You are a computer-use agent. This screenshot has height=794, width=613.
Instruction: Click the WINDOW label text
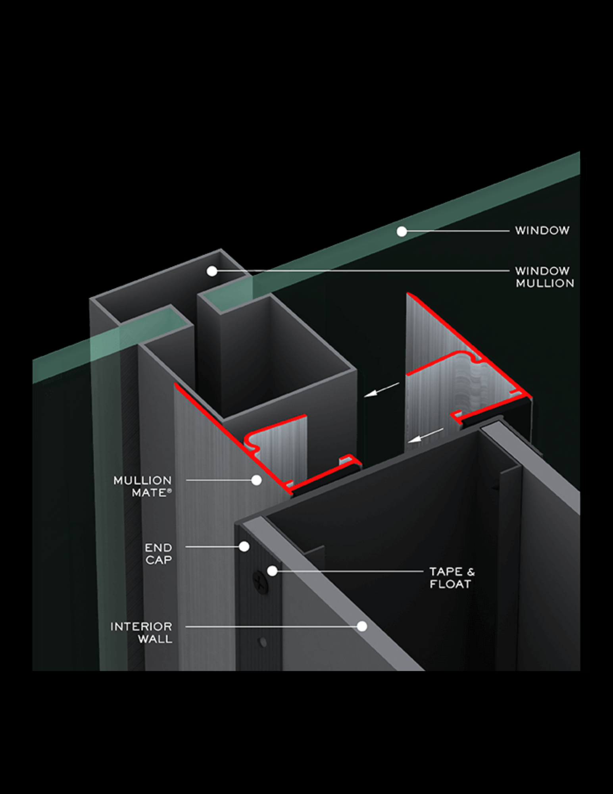pyautogui.click(x=542, y=230)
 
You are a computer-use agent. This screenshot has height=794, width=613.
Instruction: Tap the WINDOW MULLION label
pyautogui.click(x=544, y=277)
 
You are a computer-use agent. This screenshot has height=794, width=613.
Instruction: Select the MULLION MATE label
pyautogui.click(x=142, y=486)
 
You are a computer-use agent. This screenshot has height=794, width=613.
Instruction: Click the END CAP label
pyautogui.click(x=158, y=553)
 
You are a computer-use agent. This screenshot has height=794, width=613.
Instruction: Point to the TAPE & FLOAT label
pyautogui.click(x=452, y=578)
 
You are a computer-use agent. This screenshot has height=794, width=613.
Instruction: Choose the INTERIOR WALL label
pyautogui.click(x=141, y=632)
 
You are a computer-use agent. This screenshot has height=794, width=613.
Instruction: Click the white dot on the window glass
pyautogui.click(x=402, y=231)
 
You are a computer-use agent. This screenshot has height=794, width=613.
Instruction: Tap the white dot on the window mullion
pyautogui.click(x=212, y=271)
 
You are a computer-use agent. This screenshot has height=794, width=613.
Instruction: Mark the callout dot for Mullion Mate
pyautogui.click(x=256, y=480)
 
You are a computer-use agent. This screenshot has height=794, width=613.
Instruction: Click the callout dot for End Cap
pyautogui.click(x=244, y=547)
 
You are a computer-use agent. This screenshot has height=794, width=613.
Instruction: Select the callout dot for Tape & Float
pyautogui.click(x=272, y=571)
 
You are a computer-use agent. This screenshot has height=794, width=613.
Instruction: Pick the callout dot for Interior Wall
pyautogui.click(x=362, y=626)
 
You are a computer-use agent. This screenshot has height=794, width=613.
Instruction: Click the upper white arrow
pyautogui.click(x=381, y=389)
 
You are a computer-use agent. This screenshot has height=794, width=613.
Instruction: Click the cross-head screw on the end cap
pyautogui.click(x=260, y=583)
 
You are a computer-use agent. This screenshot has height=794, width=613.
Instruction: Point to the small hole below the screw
pyautogui.click(x=262, y=642)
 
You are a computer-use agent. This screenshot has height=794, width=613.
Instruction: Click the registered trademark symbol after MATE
pyautogui.click(x=169, y=491)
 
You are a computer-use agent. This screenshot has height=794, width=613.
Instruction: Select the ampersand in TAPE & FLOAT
pyautogui.click(x=471, y=572)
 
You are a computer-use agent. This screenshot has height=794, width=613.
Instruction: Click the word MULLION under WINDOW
pyautogui.click(x=545, y=283)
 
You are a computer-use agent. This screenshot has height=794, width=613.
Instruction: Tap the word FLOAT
pyautogui.click(x=450, y=584)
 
